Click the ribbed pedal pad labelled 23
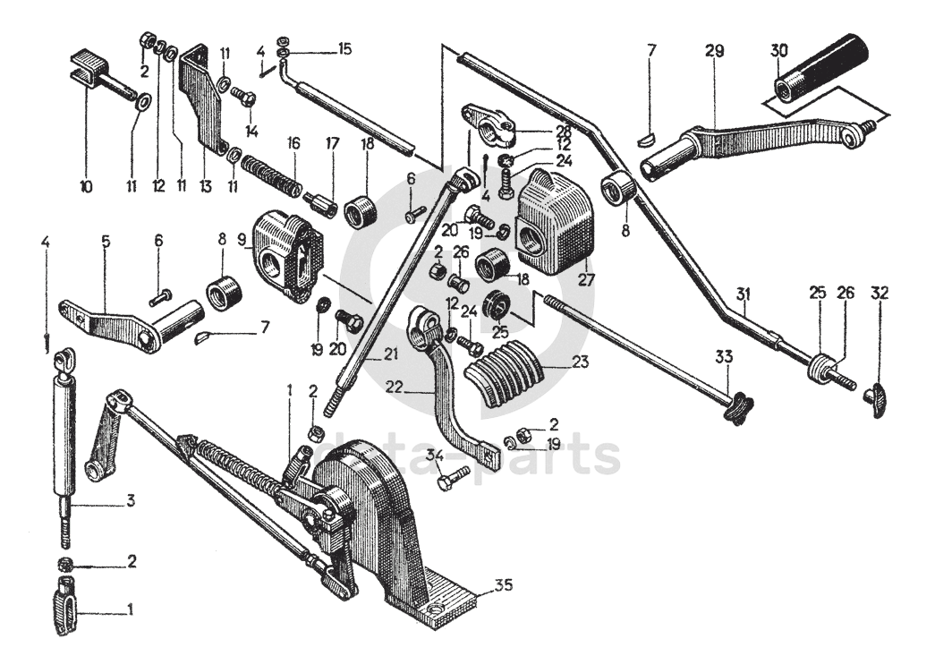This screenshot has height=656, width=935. pyautogui.click(x=507, y=374)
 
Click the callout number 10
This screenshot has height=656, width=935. pyautogui.click(x=86, y=187)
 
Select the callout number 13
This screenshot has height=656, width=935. pyautogui.click(x=205, y=187)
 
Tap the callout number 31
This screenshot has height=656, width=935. pyautogui.click(x=743, y=294)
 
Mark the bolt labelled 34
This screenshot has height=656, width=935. pyautogui.click(x=453, y=477)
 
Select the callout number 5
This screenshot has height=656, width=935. pyautogui.click(x=106, y=242)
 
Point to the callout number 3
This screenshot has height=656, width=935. pyautogui.click(x=130, y=500)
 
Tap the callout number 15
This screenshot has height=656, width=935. pyautogui.click(x=345, y=48)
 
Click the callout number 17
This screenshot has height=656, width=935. pyautogui.click(x=332, y=144)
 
